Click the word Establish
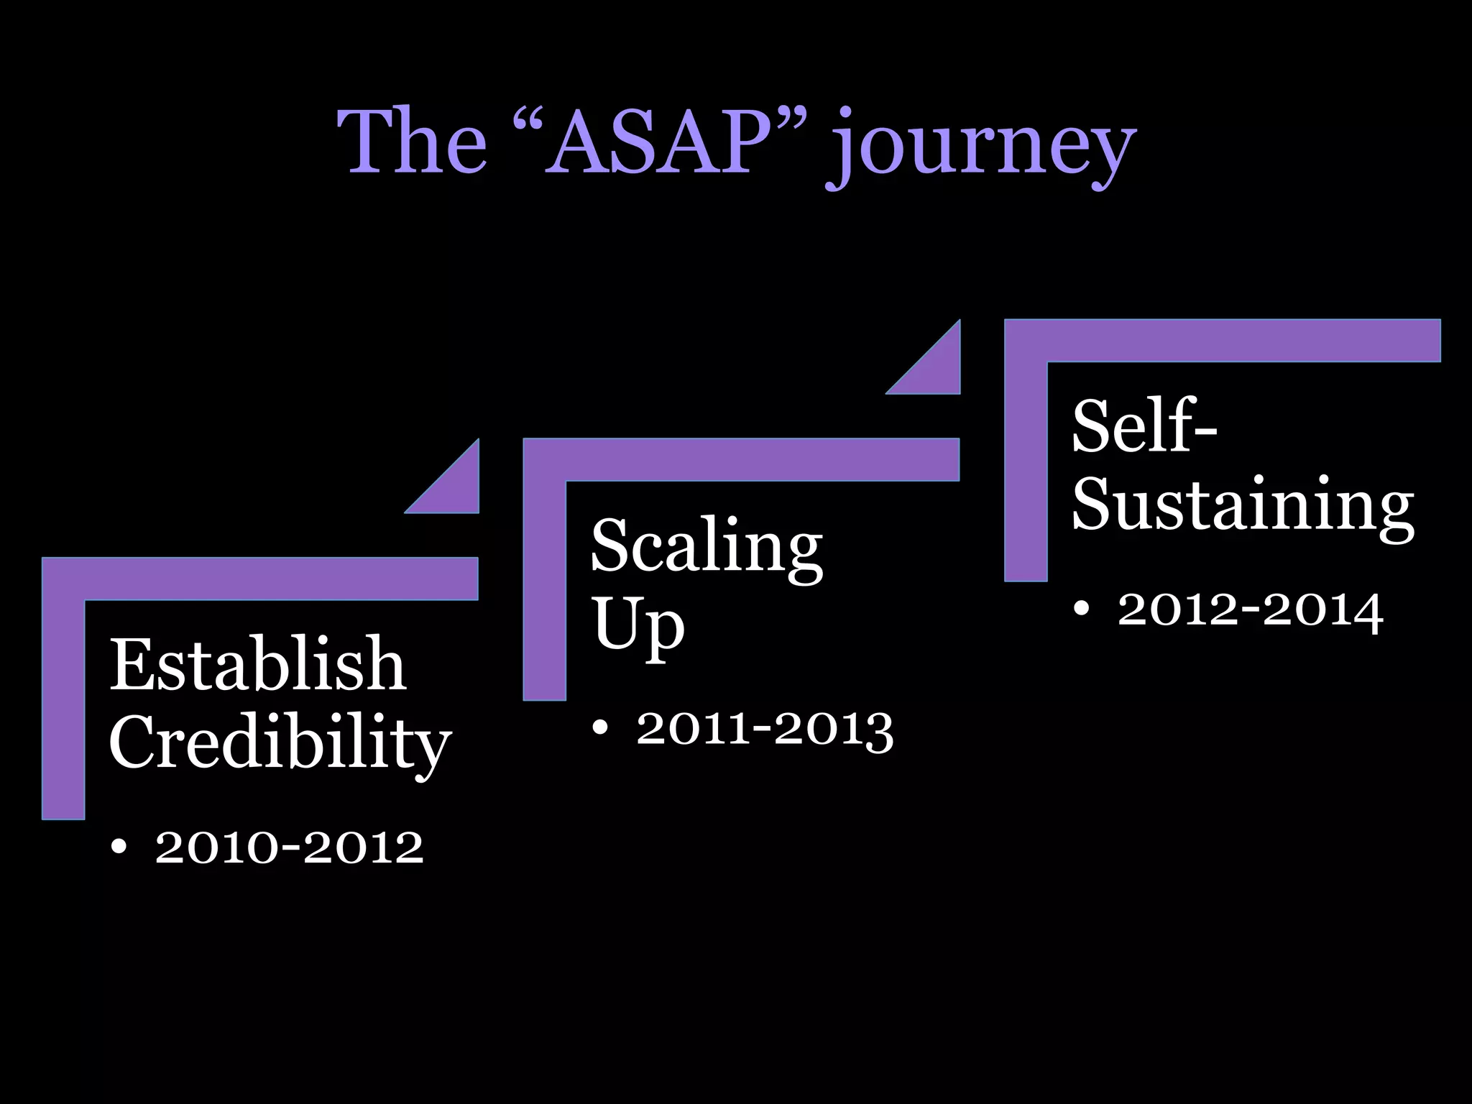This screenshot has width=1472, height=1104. click(x=257, y=664)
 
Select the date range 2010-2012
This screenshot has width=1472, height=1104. click(x=289, y=847)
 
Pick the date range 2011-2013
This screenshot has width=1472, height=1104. click(x=765, y=729)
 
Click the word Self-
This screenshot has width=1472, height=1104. click(x=1144, y=427)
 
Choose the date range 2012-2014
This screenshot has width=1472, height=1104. click(x=1250, y=610)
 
